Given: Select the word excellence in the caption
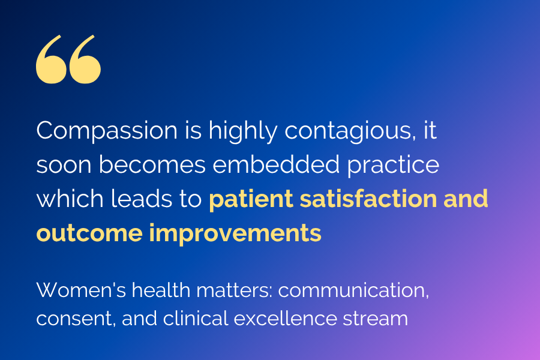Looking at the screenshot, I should tap(288, 318).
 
